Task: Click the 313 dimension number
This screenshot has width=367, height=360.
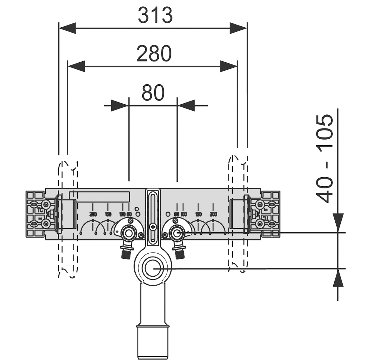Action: pos(155,15)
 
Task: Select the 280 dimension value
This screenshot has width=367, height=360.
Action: pos(154,54)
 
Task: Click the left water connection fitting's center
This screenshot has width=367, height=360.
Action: pos(127,232)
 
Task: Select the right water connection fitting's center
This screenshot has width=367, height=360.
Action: pos(177,232)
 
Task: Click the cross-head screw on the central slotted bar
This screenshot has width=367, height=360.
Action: pos(153,227)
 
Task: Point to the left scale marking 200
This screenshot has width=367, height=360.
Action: pos(93,214)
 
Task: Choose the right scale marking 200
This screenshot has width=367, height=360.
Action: pos(213,214)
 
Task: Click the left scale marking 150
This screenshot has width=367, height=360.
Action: pos(108,214)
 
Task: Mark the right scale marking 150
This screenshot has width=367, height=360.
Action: pos(198,214)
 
